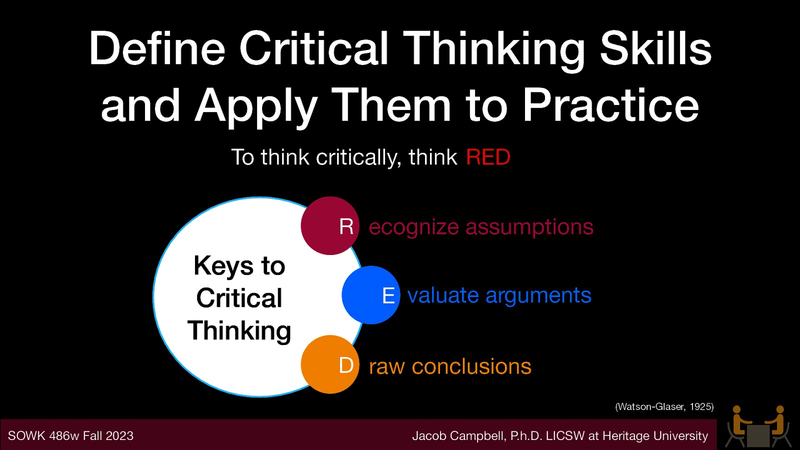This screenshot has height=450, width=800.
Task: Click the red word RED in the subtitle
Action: tap(487, 157)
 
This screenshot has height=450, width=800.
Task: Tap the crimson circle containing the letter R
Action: tap(330, 225)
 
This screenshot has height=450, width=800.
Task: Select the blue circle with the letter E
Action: tap(371, 295)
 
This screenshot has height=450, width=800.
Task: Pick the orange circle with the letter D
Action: tap(330, 364)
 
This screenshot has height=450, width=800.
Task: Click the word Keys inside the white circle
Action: tap(223, 266)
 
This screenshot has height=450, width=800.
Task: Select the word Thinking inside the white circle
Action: tap(239, 331)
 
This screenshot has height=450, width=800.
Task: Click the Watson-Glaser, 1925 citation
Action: tap(664, 406)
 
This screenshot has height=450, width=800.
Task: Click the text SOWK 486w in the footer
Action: tap(43, 436)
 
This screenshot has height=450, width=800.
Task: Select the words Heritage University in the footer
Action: tap(655, 436)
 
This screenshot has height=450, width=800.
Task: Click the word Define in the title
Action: tap(157, 48)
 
